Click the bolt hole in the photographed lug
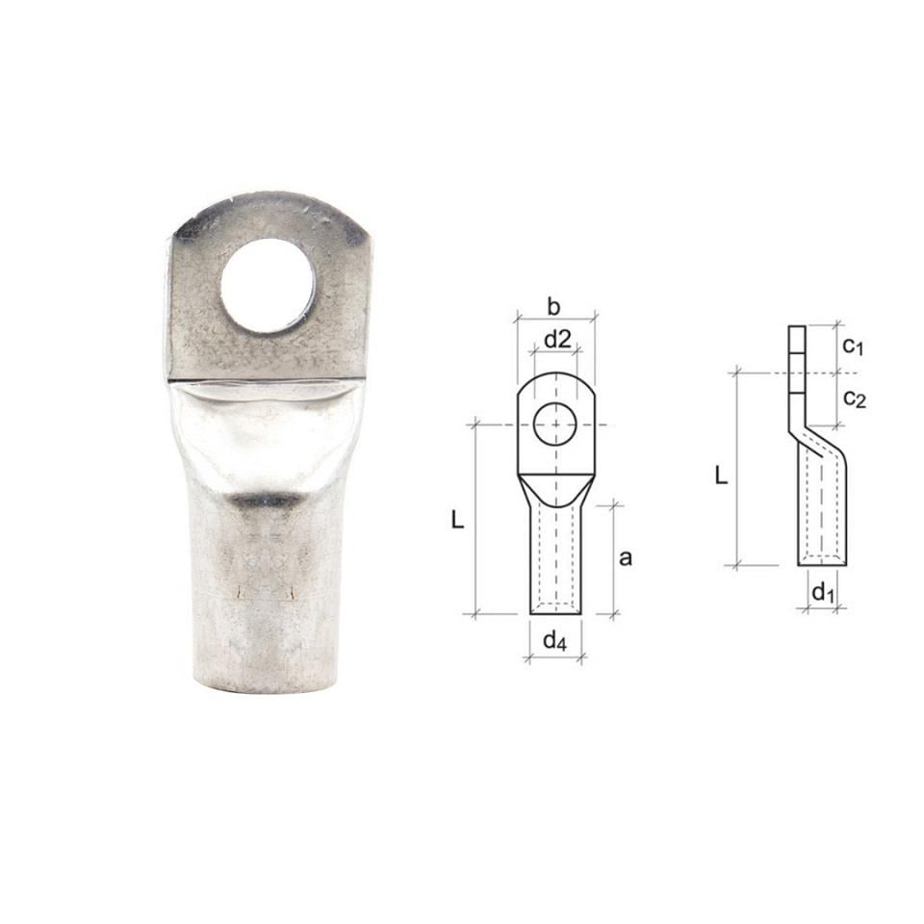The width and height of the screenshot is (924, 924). [268, 285]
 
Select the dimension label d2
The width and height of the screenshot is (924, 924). [557, 339]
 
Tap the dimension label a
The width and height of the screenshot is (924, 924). [626, 558]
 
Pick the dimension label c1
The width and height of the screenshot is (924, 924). [852, 346]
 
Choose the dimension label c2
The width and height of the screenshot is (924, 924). [853, 397]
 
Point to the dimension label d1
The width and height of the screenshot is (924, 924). [821, 592]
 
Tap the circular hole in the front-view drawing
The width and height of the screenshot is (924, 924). [555, 424]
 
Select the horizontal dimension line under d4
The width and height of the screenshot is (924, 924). [555, 658]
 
